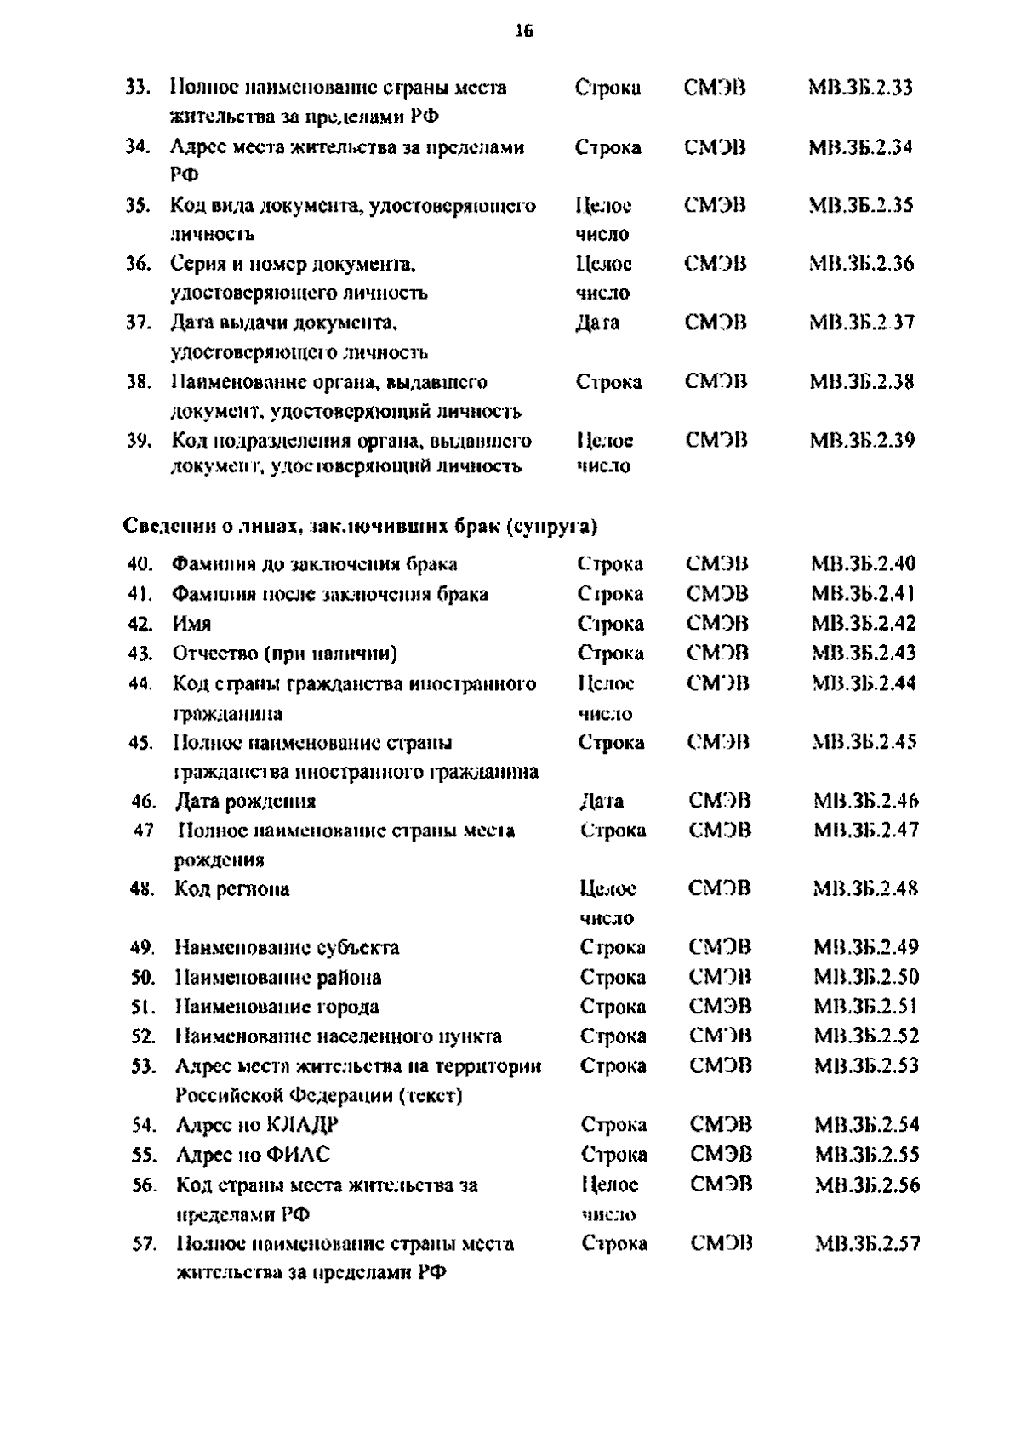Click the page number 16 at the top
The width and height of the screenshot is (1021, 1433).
pyautogui.click(x=523, y=31)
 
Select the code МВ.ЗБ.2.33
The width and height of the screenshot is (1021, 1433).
pyautogui.click(x=860, y=88)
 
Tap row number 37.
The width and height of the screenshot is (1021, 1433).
pyautogui.click(x=139, y=323)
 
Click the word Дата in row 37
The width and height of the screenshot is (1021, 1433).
pyautogui.click(x=597, y=323)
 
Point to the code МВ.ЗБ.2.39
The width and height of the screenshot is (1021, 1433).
pyautogui.click(x=862, y=441)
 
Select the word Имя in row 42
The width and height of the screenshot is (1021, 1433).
pyautogui.click(x=191, y=624)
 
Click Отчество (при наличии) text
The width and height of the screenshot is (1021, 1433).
pyautogui.click(x=285, y=654)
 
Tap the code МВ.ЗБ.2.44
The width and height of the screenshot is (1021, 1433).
pyautogui.click(x=864, y=683)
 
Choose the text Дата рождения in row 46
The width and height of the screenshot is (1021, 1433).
pyautogui.click(x=245, y=802)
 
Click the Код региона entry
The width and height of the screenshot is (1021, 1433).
pyautogui.click(x=231, y=889)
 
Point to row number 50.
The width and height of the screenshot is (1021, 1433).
pyautogui.click(x=142, y=978)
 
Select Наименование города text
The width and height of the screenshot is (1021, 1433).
pyautogui.click(x=277, y=1008)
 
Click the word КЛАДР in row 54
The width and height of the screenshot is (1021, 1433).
pyautogui.click(x=303, y=1125)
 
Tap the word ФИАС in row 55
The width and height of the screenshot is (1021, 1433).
pyautogui.click(x=298, y=1155)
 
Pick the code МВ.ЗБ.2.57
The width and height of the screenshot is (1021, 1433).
pyautogui.click(x=867, y=1244)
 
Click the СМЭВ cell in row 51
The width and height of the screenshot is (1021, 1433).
pyautogui.click(x=720, y=1008)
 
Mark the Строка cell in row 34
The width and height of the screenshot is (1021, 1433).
pyautogui.click(x=607, y=147)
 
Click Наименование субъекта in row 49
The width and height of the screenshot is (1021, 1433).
pyautogui.click(x=287, y=948)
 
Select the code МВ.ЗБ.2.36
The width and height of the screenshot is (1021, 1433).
pyautogui.click(x=861, y=265)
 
